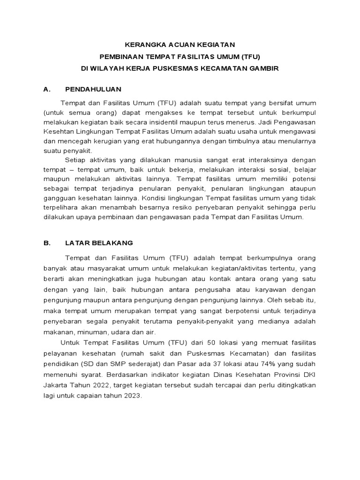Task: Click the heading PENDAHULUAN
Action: click(93, 89)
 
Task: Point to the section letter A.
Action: click(46, 89)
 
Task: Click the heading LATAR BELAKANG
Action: click(99, 243)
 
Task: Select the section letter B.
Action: click(46, 243)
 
